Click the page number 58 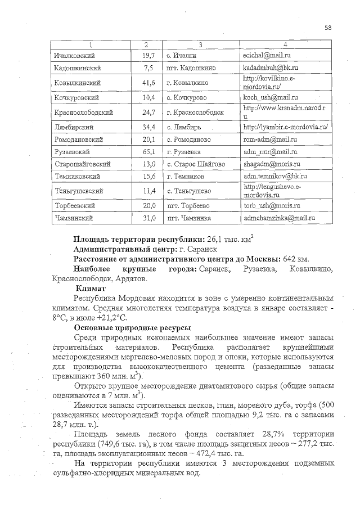pyautogui.click(x=328, y=26)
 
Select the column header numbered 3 pyautogui.click(x=200, y=44)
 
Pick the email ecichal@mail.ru pyautogui.click(x=265, y=56)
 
